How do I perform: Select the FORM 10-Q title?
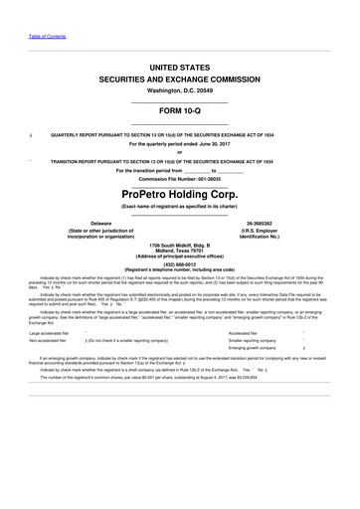[179, 110]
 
